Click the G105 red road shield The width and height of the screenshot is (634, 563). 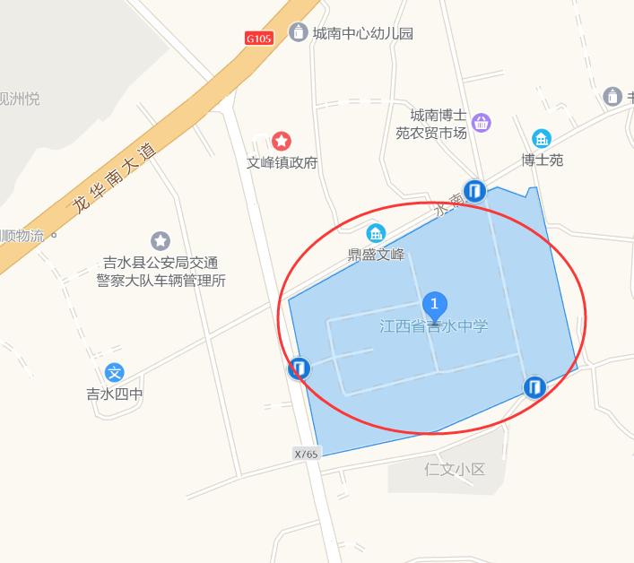(x=258, y=39)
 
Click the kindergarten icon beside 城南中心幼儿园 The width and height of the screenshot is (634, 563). (x=298, y=33)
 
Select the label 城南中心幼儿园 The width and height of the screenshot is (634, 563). (x=363, y=34)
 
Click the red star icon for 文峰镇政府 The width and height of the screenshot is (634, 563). (x=282, y=141)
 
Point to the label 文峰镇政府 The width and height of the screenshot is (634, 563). (x=282, y=163)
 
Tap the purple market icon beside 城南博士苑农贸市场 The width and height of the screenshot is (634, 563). (x=482, y=123)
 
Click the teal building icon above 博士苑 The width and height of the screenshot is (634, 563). (x=542, y=138)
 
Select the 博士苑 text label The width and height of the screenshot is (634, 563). (x=543, y=160)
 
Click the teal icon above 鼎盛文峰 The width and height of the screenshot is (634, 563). (x=376, y=232)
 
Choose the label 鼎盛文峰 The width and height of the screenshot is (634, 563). (x=377, y=254)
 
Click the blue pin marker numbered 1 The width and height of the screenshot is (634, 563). (x=435, y=306)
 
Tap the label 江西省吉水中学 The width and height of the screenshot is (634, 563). (x=434, y=326)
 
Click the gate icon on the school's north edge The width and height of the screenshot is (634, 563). (x=474, y=190)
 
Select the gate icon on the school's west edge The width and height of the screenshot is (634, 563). (x=300, y=368)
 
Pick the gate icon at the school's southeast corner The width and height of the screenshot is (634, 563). (x=534, y=386)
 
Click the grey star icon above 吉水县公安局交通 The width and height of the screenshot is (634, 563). (x=161, y=240)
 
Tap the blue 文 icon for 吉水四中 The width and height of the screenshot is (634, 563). (x=115, y=372)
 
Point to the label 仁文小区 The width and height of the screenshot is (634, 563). (x=455, y=469)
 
